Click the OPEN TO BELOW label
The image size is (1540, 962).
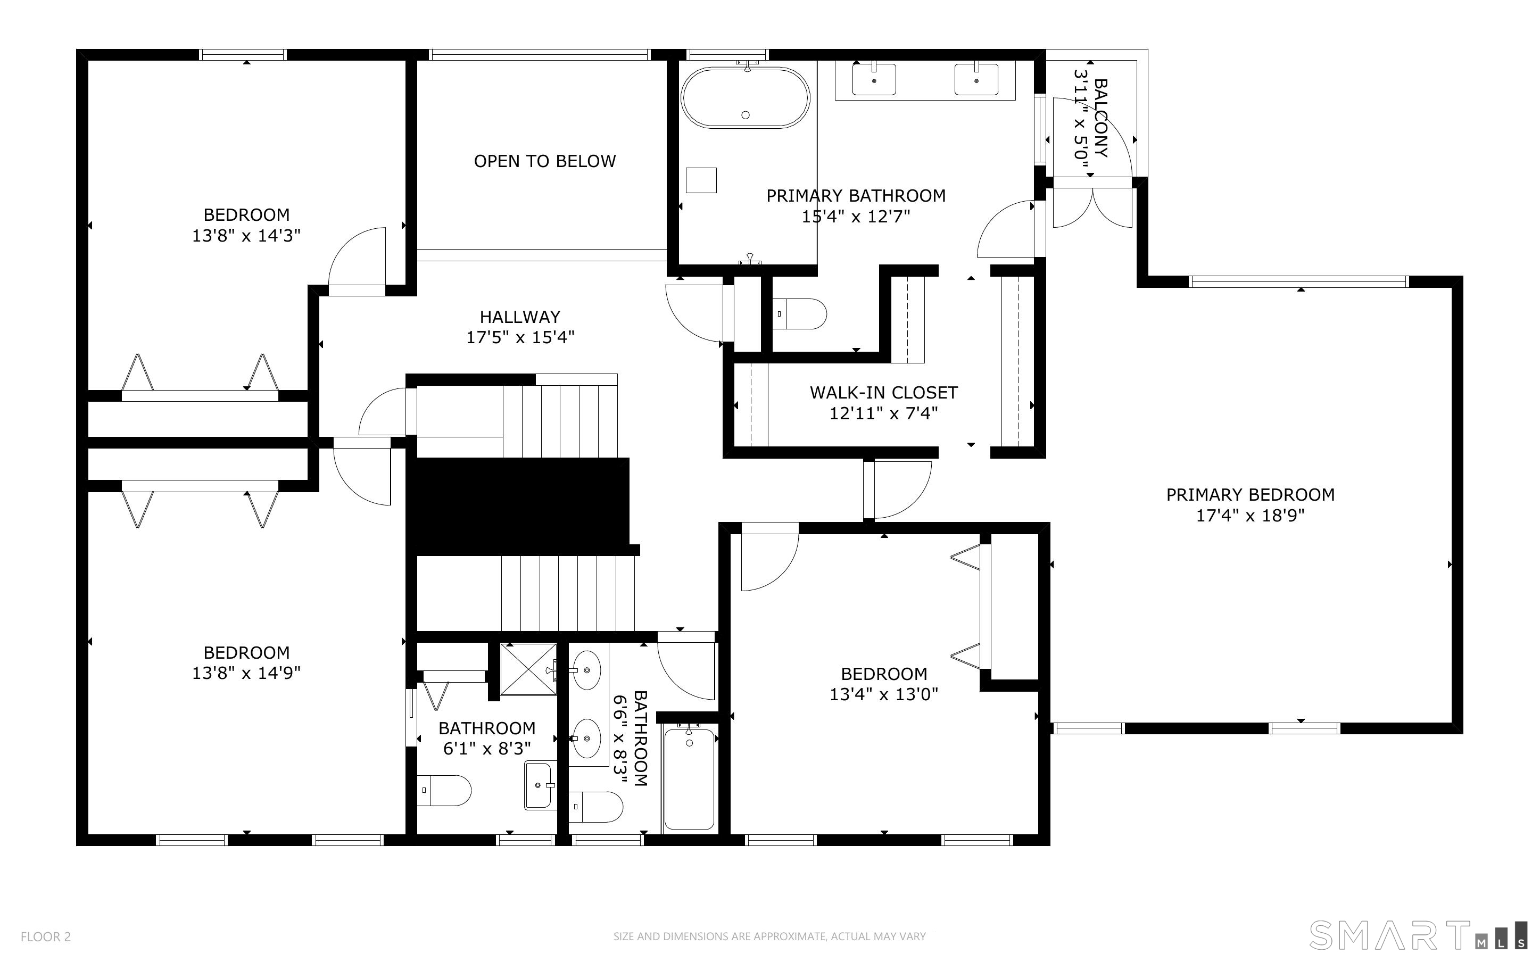[x=544, y=162]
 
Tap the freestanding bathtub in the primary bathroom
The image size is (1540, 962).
[x=745, y=98]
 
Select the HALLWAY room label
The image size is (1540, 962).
[x=520, y=317]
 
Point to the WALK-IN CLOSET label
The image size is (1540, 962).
[x=883, y=393]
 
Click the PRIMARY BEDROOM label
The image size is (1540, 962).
[x=1250, y=494]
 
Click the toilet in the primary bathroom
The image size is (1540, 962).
[x=799, y=314]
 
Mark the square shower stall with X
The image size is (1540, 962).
[x=528, y=670]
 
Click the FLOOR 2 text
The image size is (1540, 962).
[x=46, y=936]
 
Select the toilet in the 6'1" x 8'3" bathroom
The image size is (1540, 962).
[x=444, y=791]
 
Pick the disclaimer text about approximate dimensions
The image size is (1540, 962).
[x=769, y=936]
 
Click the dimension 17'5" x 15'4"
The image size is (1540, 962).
[x=520, y=337]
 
